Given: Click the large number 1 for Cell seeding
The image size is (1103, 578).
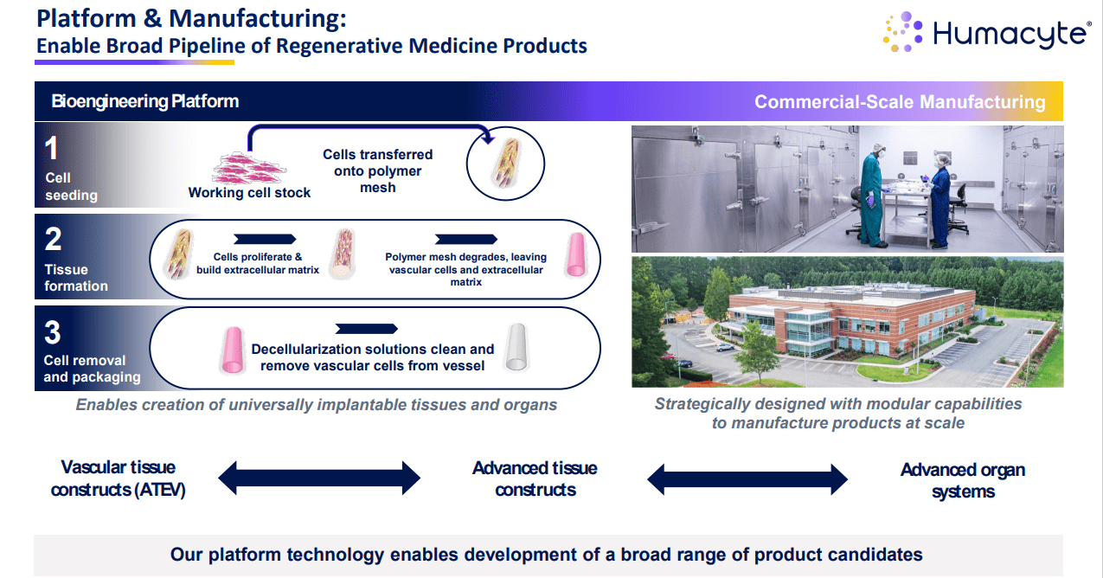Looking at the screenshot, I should click(52, 149).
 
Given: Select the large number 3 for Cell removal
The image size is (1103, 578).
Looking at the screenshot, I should click(53, 332).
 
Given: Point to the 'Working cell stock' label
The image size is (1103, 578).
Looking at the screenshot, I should click(249, 193).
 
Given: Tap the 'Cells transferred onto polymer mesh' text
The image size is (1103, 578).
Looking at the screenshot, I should click(377, 170).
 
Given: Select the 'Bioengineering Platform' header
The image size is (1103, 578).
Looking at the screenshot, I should click(144, 101).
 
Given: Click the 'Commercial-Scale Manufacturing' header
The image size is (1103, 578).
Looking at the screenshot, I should click(900, 102).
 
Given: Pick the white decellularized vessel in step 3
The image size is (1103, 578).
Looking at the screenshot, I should click(516, 348).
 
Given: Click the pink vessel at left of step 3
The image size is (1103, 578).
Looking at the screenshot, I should click(232, 350).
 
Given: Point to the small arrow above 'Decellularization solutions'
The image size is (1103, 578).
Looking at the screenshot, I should click(366, 329).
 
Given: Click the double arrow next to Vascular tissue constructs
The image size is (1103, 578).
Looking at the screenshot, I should click(318, 477).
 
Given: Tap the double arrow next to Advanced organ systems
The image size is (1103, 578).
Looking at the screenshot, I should click(747, 478).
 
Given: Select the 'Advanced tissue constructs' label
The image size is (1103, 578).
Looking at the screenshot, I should click(535, 478).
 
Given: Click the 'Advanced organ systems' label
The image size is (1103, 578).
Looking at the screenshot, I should click(962, 480).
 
